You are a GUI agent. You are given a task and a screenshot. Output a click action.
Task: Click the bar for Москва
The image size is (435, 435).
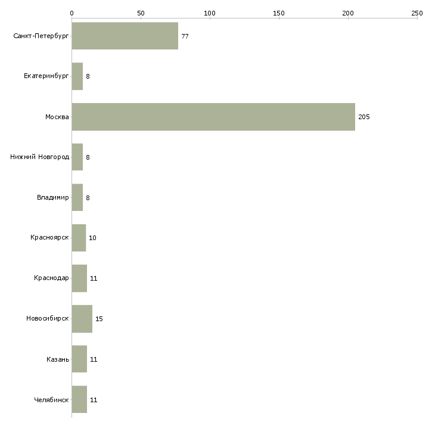213,117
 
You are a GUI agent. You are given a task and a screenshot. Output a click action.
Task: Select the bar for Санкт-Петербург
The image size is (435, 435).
125,36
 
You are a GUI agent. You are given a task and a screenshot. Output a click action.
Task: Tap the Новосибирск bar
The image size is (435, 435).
82,319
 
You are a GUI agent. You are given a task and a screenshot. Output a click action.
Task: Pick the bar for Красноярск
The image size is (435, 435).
79,238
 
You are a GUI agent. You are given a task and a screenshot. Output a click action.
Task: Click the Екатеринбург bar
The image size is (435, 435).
77,76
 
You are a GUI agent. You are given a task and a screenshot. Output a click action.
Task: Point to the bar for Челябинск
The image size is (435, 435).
79,400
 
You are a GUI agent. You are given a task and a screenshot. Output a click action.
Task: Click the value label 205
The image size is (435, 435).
364,117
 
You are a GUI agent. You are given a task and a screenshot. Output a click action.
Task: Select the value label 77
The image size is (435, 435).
185,36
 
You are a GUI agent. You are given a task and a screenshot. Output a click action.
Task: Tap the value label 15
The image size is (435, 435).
99,319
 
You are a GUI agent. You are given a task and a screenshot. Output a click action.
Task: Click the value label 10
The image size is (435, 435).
92,238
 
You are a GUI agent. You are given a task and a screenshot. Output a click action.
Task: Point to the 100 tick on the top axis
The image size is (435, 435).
210,13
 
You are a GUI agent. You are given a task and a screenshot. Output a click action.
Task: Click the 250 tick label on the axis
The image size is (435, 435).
417,13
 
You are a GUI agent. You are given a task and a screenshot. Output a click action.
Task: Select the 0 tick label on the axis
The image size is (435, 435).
72,13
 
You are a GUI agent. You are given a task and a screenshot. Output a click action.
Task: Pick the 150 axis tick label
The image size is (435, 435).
279,13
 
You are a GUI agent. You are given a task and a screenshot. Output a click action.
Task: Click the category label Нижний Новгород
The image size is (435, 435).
40,157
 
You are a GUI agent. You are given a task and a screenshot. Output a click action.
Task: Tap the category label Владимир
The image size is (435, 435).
52,198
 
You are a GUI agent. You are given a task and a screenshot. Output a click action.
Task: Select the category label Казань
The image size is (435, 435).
58,359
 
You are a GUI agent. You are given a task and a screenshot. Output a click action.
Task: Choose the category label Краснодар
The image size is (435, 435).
51,278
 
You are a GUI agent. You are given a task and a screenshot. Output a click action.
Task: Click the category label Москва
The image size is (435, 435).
57,117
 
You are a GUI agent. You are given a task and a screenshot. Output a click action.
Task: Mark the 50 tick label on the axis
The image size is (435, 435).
141,13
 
